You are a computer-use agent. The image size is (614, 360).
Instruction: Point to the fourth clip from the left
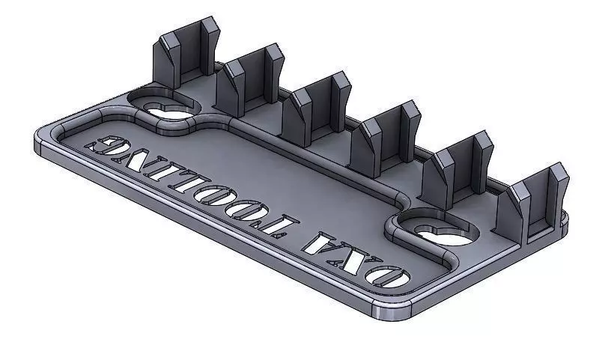(386, 135)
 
